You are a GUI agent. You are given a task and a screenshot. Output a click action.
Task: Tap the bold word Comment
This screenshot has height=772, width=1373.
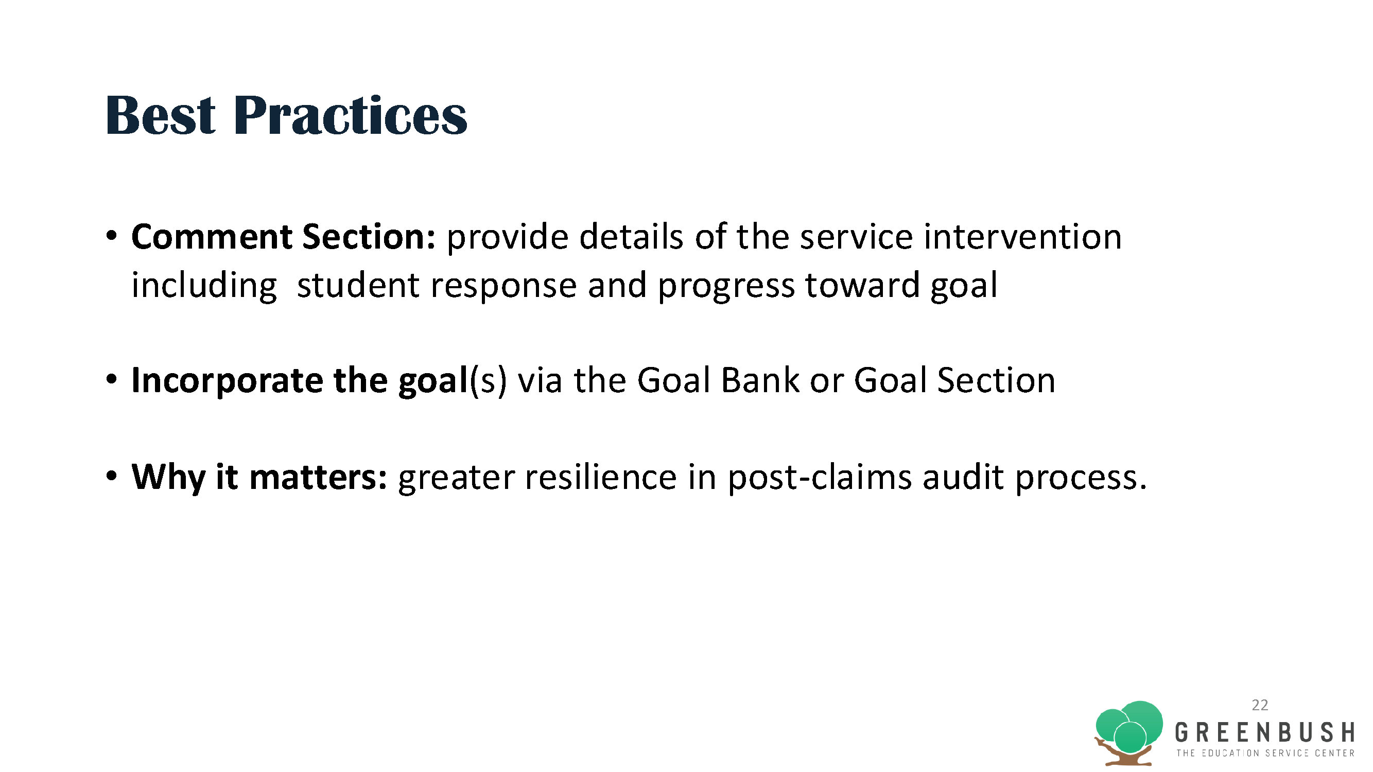[x=212, y=237]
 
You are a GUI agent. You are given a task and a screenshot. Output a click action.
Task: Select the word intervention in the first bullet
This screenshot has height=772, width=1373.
[x=1023, y=237]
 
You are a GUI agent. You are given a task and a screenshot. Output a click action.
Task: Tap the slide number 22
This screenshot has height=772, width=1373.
[x=1260, y=705]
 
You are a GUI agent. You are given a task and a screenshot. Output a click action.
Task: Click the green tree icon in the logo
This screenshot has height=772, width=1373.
[x=1129, y=733]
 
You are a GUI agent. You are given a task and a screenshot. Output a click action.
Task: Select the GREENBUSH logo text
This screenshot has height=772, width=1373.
[x=1265, y=732]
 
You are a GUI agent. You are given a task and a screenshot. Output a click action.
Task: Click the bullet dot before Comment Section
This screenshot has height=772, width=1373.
[x=111, y=236]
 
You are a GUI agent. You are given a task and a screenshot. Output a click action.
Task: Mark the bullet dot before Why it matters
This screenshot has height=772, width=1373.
[x=111, y=476]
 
